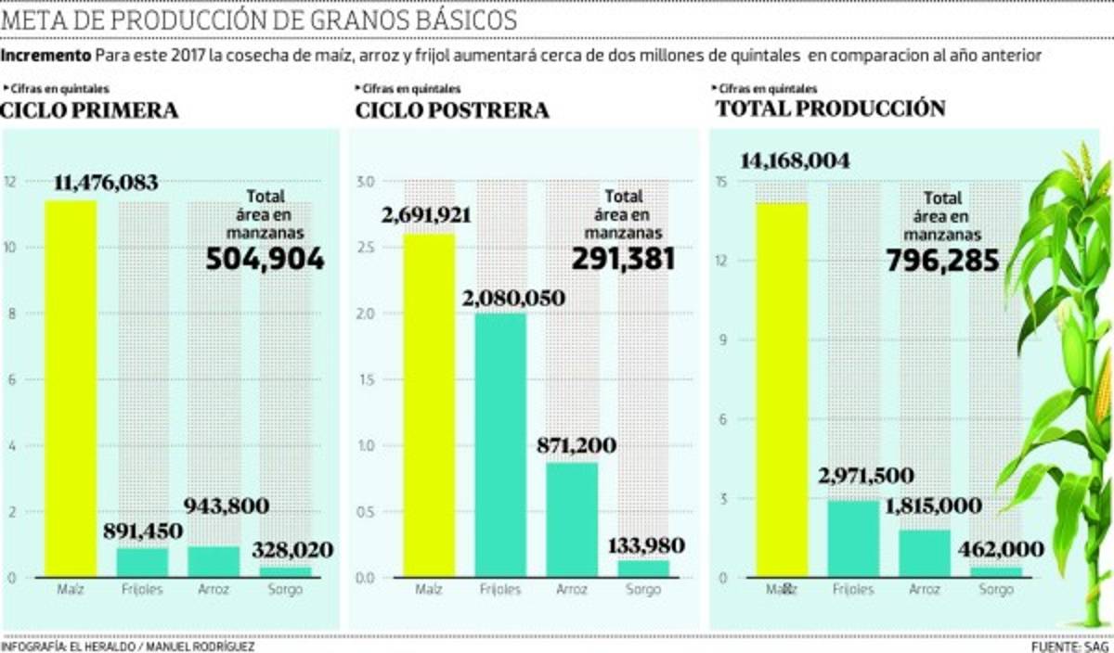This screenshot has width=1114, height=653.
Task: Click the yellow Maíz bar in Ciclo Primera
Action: [x=71, y=390]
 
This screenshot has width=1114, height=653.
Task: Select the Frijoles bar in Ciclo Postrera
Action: [x=500, y=445]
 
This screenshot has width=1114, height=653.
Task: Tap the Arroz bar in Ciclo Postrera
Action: [x=572, y=519]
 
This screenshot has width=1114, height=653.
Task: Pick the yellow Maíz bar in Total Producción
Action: [x=781, y=390]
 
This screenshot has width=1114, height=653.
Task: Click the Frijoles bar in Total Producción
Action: [x=852, y=539]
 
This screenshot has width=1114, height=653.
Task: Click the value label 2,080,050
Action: [x=512, y=299]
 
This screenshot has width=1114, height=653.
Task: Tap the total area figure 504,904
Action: [x=265, y=259]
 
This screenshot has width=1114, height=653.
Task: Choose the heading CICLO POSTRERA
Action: [x=452, y=111]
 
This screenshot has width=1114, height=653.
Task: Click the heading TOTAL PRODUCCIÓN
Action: [x=830, y=109]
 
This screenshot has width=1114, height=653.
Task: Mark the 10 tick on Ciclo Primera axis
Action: [x=11, y=248]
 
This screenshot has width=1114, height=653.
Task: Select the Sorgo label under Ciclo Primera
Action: [x=285, y=590]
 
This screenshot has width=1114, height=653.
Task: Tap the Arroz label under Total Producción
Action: [x=925, y=590]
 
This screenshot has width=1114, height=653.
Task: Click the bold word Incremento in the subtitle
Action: [x=45, y=56]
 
